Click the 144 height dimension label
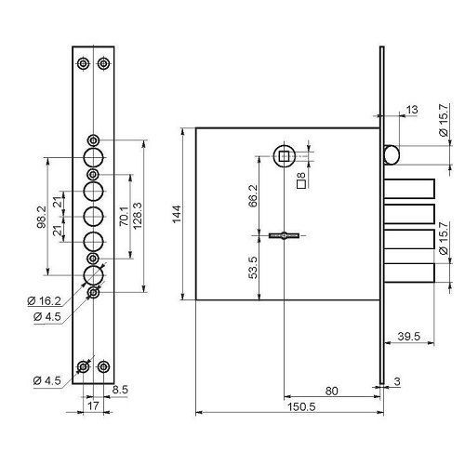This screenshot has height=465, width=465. [x=177, y=214]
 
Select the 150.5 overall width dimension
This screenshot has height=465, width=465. [x=301, y=406]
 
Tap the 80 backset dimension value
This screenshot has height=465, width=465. [x=331, y=391]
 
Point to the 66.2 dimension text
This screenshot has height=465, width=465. [x=253, y=196]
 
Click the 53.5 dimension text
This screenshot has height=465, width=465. [x=253, y=267]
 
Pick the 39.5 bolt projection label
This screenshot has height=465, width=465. [x=409, y=336]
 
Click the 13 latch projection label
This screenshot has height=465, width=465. [x=412, y=110]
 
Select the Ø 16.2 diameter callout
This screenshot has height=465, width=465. [x=44, y=300]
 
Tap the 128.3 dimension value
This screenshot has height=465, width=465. [x=137, y=216]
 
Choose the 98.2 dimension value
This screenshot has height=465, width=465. [x=42, y=217]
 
